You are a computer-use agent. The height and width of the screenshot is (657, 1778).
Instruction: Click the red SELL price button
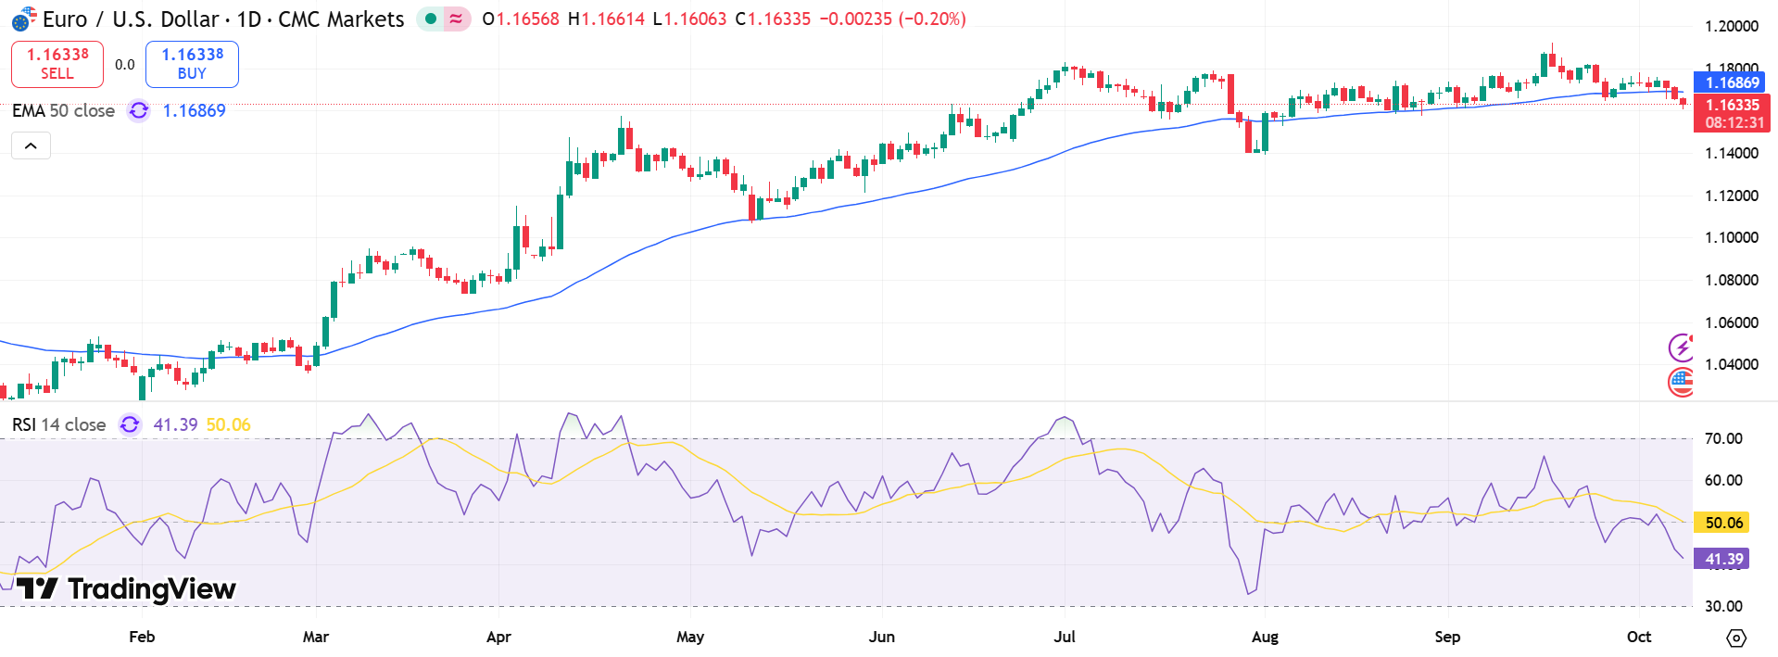(57, 64)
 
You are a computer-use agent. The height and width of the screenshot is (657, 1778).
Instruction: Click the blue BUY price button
(192, 64)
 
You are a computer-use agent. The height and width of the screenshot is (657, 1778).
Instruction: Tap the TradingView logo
(127, 588)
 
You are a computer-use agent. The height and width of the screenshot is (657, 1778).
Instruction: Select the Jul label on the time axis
(1065, 637)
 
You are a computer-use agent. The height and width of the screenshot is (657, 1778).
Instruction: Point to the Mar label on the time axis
(315, 637)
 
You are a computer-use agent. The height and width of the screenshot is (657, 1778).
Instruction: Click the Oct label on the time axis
(1639, 637)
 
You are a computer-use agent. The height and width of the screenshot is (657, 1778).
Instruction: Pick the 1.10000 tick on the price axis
(1731, 237)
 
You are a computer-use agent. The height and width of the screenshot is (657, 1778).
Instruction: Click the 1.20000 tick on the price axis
(1731, 26)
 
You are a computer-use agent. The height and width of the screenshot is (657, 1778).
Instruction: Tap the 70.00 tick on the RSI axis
(1723, 438)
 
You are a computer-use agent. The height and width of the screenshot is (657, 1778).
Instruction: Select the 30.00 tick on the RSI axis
(1723, 606)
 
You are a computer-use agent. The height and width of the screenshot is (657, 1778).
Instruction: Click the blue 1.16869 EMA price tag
(1732, 82)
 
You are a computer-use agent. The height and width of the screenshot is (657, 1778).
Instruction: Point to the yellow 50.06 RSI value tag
(1723, 523)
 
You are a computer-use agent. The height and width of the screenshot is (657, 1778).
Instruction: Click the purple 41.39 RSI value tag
(1723, 559)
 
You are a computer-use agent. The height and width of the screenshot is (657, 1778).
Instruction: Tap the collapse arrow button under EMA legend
(31, 145)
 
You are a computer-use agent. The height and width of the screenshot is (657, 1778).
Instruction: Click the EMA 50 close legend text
(63, 111)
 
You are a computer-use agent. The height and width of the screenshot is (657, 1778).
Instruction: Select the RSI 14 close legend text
(58, 424)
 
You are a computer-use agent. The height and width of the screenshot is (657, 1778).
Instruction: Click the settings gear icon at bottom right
(1736, 638)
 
